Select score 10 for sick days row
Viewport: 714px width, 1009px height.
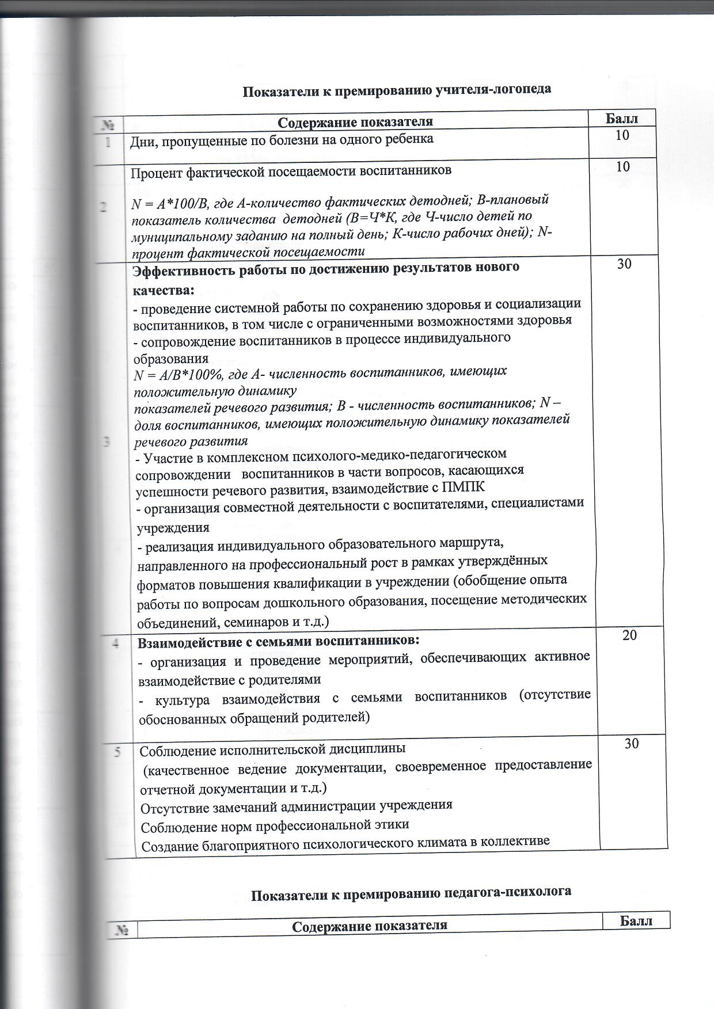pos(622,136)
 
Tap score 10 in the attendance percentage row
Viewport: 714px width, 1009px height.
pos(622,167)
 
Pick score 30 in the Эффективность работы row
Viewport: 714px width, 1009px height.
pos(624,264)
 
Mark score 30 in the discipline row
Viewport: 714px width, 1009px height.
pos(631,744)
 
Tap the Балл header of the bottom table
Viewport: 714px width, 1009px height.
pos(636,921)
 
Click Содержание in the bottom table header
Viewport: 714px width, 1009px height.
pos(329,926)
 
